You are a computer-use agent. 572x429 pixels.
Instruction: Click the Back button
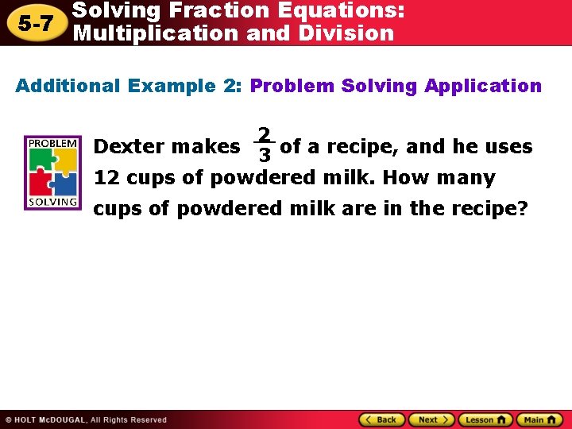coord(381,419)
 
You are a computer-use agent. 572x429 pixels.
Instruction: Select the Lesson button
coord(486,419)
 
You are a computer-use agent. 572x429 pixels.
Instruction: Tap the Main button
coord(539,419)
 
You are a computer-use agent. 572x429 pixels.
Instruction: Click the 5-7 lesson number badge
coord(35,23)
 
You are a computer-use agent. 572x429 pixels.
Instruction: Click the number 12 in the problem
coord(107,177)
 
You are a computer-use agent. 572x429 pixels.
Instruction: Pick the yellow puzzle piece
coord(65,159)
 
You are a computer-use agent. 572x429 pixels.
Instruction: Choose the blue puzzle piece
coord(65,183)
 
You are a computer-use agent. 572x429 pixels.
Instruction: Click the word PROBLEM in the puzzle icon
coord(53,142)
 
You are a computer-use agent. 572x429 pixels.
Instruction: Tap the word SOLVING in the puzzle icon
coord(53,201)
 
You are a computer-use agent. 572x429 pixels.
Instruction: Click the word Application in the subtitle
coord(483,86)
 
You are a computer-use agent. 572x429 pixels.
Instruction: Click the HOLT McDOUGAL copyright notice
coord(86,419)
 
